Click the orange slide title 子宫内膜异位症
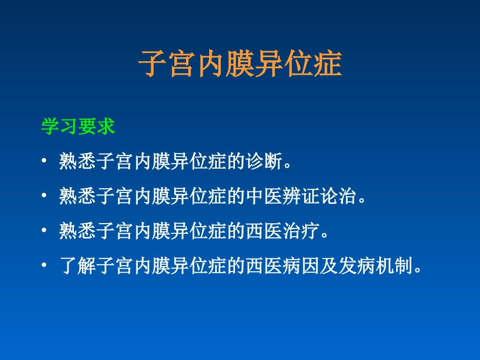(240, 64)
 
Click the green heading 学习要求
(78, 127)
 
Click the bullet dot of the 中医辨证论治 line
(44, 196)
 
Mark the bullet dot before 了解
(44, 265)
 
